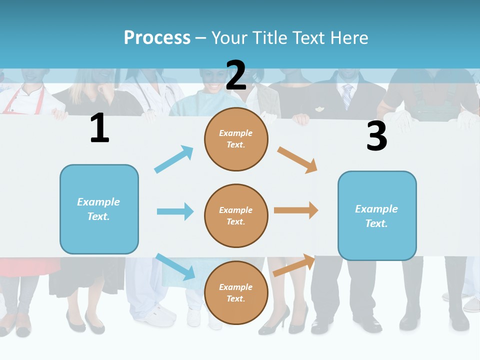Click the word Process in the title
pos(157,37)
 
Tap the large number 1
pos(99,128)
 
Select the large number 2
pos(236,75)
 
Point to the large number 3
pos(376,136)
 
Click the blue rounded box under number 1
pos(99,209)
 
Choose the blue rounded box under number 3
pos(377,215)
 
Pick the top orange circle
pos(236,139)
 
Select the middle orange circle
pos(236,215)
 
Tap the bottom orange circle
pos(236,292)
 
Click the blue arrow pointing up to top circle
pos(174,159)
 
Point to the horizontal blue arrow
pos(175,211)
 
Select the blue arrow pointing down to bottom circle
pos(175,266)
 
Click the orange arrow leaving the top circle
pos(297,159)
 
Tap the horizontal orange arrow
pos(296,210)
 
